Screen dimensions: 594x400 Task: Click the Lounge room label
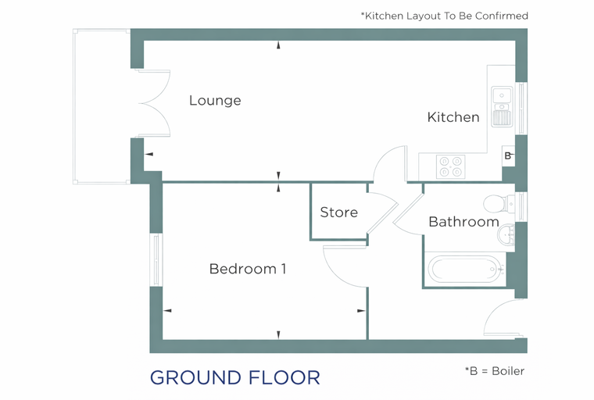coord(215,100)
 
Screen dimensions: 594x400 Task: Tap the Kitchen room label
coord(453,117)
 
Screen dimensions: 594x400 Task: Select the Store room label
coord(338,212)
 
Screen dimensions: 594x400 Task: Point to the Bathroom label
coord(463,222)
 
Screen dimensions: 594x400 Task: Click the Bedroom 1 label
coord(248,269)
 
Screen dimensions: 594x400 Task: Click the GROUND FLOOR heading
coord(235,377)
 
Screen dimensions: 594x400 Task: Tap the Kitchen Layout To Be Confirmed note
coord(445,16)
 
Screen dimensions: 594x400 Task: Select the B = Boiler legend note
coord(495,371)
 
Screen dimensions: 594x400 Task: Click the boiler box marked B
coord(508,155)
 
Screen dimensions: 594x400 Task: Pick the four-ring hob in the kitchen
coord(451,166)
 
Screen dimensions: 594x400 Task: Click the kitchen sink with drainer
coord(502,107)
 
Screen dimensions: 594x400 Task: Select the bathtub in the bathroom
coord(465,269)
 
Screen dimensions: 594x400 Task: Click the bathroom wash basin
coord(506,235)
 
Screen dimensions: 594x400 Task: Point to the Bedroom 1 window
coord(156,260)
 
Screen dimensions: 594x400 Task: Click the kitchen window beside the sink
coord(521,109)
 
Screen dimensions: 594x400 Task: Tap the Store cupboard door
coord(383,212)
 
